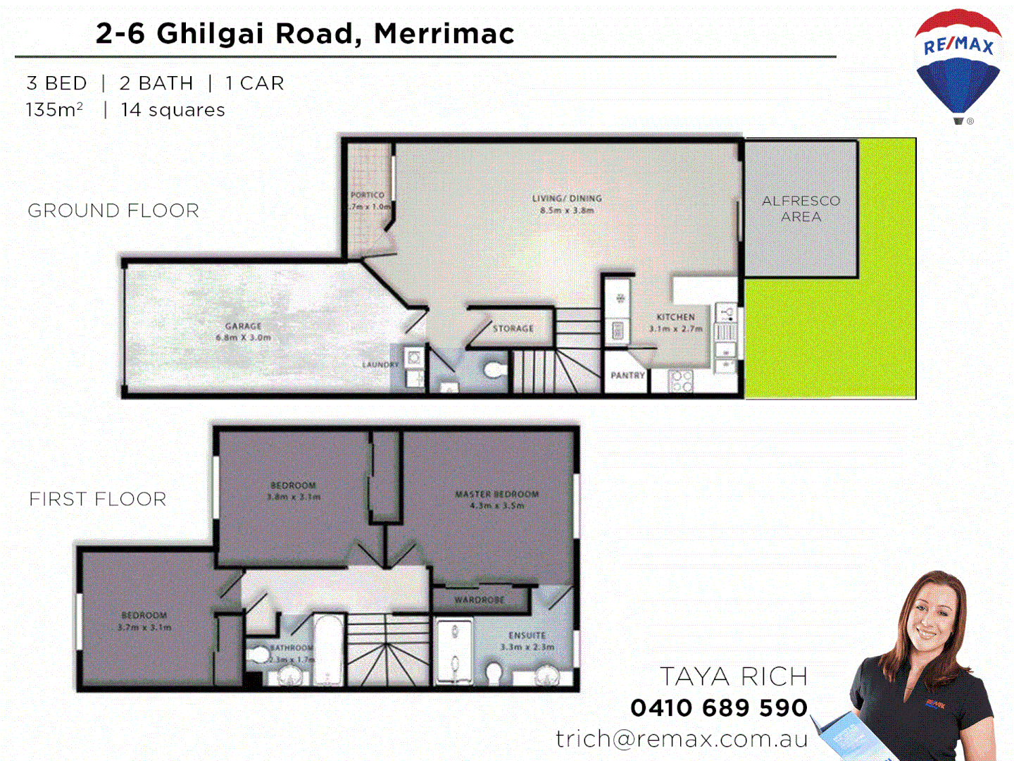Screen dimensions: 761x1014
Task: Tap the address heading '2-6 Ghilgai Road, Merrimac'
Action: [305, 34]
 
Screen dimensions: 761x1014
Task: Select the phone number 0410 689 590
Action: [719, 707]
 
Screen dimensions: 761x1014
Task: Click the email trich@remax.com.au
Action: [682, 738]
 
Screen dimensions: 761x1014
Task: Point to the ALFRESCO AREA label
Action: [801, 209]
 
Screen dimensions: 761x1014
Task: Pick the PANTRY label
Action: [627, 376]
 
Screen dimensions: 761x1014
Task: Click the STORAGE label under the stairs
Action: [513, 328]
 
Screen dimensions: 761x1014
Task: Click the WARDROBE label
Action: [479, 600]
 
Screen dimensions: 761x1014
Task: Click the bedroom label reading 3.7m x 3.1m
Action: [144, 621]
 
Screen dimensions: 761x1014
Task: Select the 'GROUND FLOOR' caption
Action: [113, 211]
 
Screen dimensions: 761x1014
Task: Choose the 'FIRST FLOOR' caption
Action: [98, 499]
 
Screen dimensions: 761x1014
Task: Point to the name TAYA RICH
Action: [733, 676]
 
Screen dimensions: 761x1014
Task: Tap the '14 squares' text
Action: [173, 110]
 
